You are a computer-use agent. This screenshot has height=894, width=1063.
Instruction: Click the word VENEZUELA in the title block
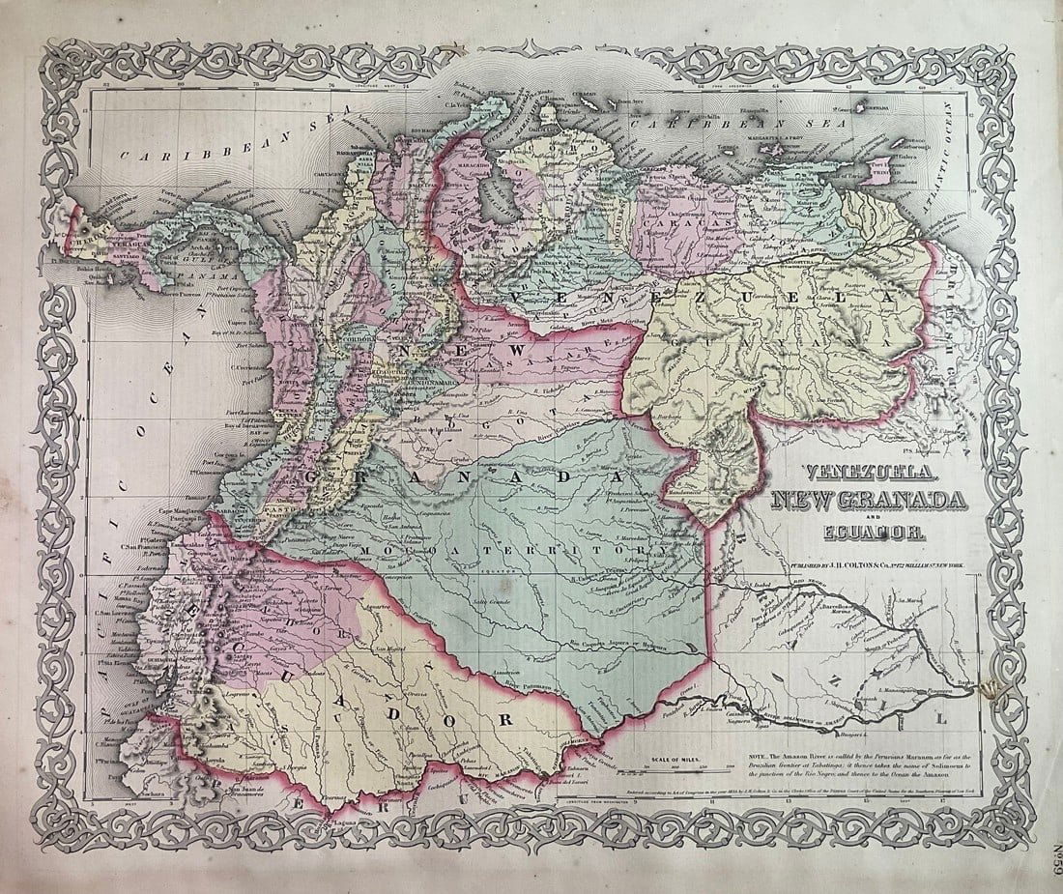[868, 474]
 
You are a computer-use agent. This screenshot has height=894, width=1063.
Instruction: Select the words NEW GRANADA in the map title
[868, 501]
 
